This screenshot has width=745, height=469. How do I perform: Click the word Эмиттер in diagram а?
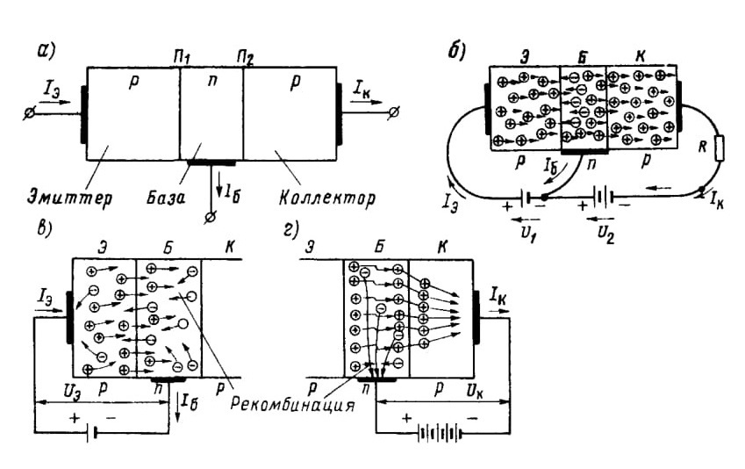coord(69,197)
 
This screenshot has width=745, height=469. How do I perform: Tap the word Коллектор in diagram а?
coord(327,198)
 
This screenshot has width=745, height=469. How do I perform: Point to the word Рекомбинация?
coord(293,405)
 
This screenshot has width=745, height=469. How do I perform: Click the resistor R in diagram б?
coord(719,149)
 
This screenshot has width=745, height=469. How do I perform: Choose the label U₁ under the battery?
coord(527,233)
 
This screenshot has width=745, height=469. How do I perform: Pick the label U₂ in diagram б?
coord(605,234)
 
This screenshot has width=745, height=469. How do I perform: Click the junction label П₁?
coord(182,59)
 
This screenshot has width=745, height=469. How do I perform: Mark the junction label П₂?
coord(245,59)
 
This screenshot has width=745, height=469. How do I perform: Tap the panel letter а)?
coord(47,51)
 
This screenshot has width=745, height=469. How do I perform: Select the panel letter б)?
coord(456,51)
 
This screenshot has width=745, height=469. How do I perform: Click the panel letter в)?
coord(44,227)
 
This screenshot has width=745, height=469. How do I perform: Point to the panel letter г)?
coord(290,229)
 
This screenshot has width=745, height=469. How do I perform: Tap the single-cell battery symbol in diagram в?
coord(93,433)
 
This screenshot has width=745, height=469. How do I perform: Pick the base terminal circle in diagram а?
coord(210,218)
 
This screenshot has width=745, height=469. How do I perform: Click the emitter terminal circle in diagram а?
coord(30,113)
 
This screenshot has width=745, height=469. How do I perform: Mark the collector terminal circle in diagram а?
coord(394,112)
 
